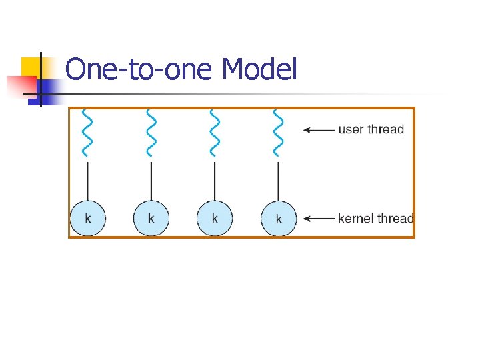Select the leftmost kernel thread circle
(87, 218)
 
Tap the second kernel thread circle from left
(151, 218)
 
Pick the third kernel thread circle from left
(215, 218)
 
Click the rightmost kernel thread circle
(279, 218)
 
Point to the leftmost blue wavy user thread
(87, 131)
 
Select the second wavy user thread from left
(151, 131)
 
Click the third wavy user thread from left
(215, 131)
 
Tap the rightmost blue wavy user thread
(278, 131)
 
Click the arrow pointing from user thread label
(319, 130)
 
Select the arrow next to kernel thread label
(319, 218)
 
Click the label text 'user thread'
(371, 129)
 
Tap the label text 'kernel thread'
(375, 218)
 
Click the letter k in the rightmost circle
(279, 219)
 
